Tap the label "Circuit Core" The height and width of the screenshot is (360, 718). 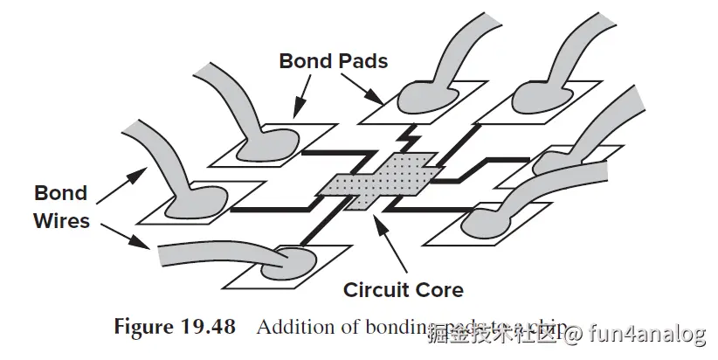point(403,289)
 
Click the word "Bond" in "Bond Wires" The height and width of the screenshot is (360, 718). point(61,193)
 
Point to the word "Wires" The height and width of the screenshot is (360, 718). point(61,220)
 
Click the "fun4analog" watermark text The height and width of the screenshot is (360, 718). point(646,334)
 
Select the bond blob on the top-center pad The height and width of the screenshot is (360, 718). point(424,100)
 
